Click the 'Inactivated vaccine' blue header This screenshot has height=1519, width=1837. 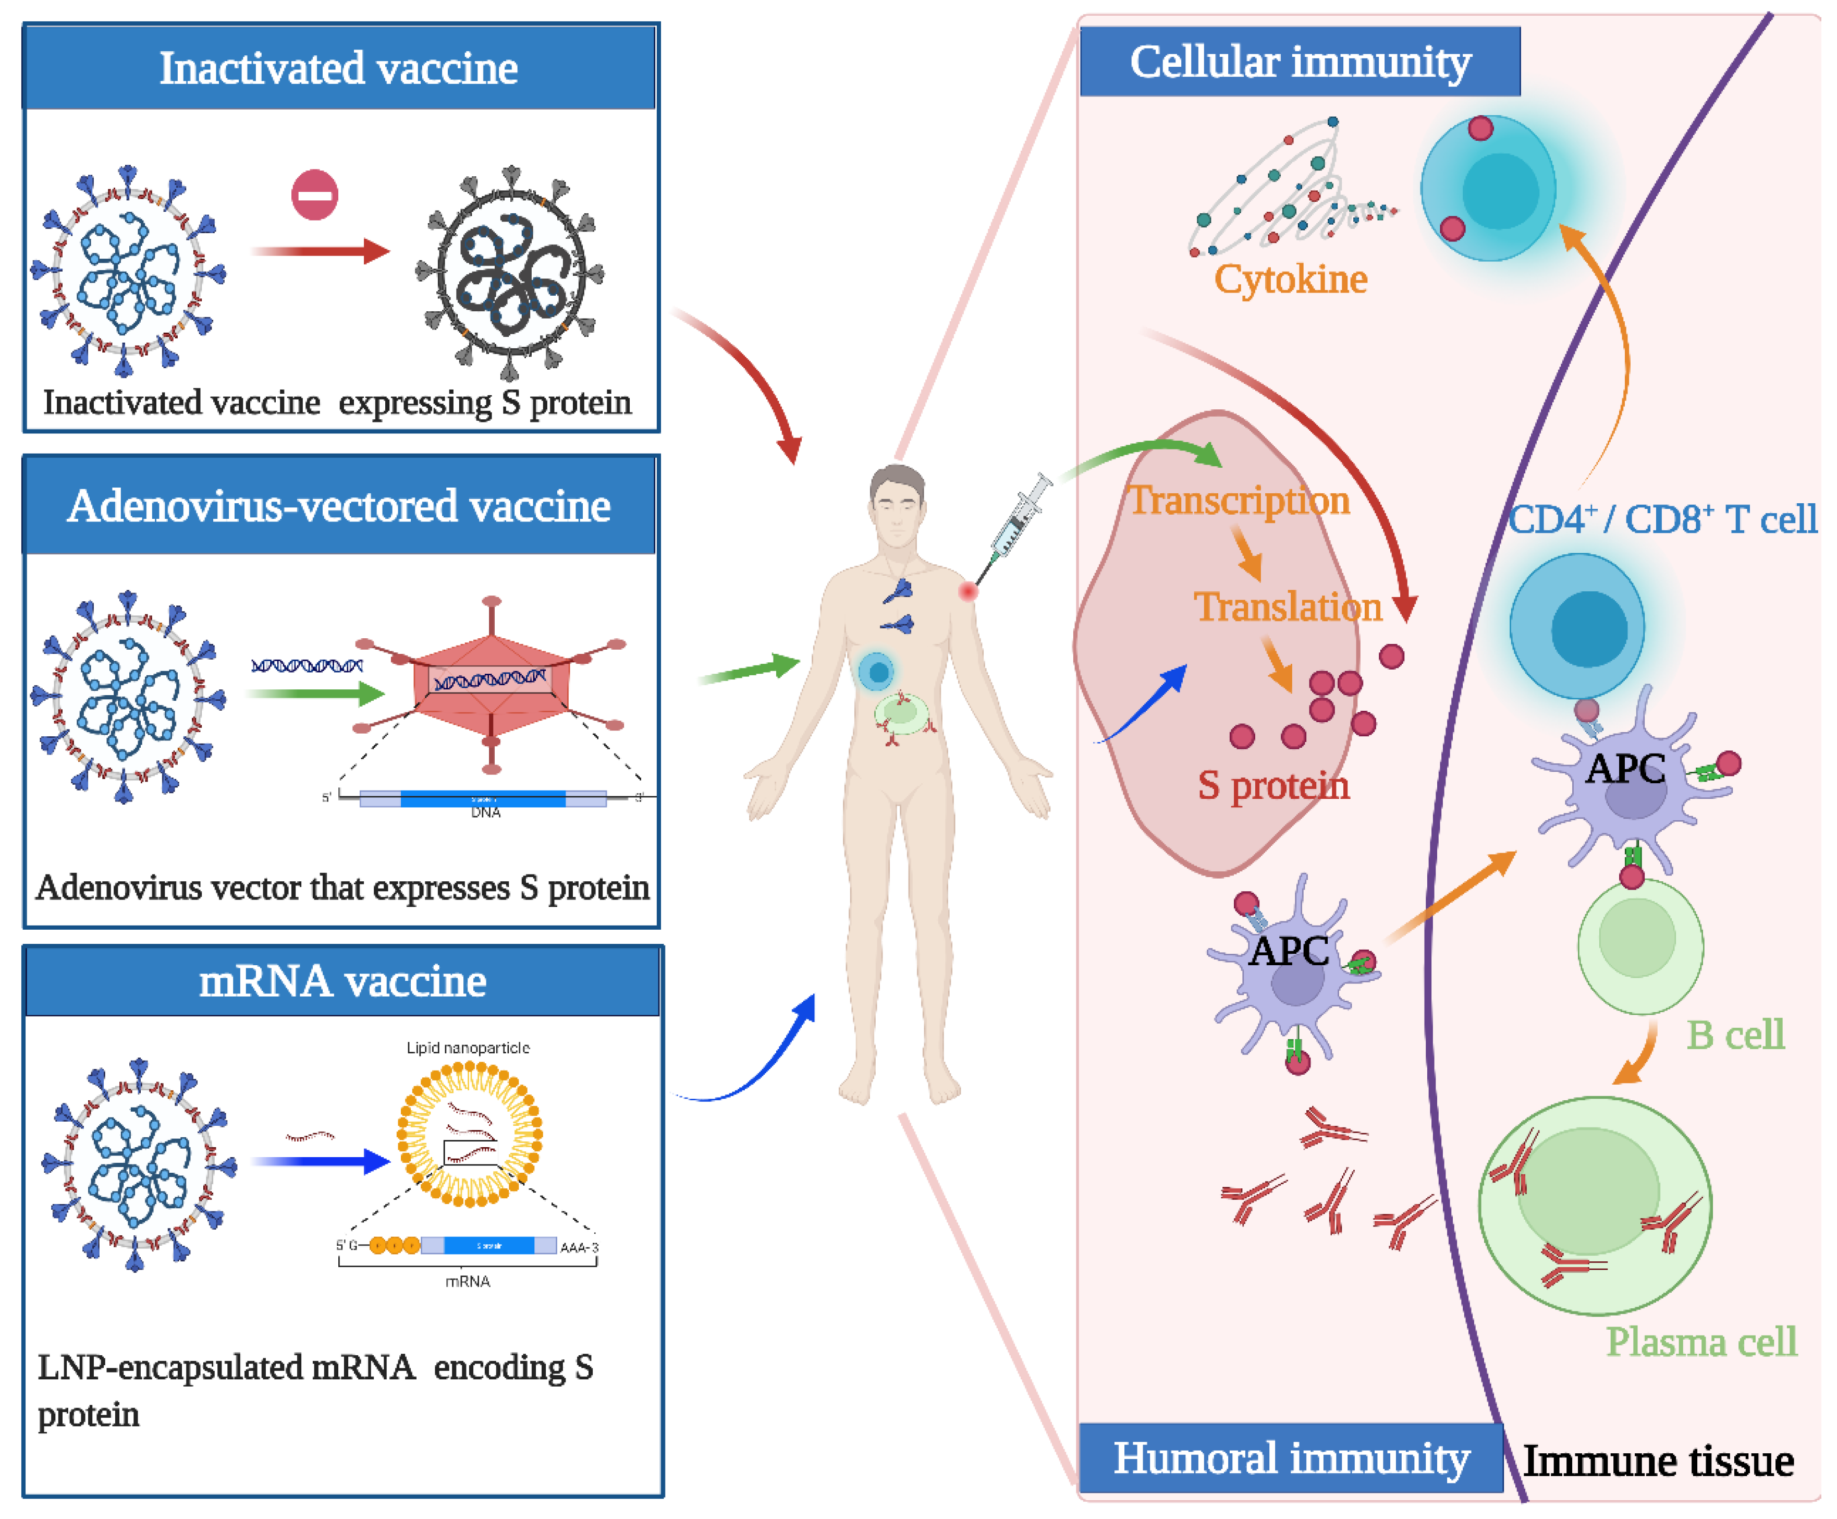(x=339, y=68)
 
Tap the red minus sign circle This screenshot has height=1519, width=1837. (x=315, y=195)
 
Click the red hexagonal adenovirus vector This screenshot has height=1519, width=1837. (x=492, y=683)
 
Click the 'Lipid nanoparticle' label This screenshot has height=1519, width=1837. (x=468, y=1048)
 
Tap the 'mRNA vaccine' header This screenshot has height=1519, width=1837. (x=342, y=981)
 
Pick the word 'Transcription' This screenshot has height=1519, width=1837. (x=1240, y=501)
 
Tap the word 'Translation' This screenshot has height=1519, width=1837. (x=1288, y=607)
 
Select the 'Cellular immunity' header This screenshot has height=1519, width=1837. (x=1300, y=62)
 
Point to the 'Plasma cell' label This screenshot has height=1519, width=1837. (x=1701, y=1341)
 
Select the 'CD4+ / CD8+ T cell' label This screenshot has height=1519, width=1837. (x=1662, y=520)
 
